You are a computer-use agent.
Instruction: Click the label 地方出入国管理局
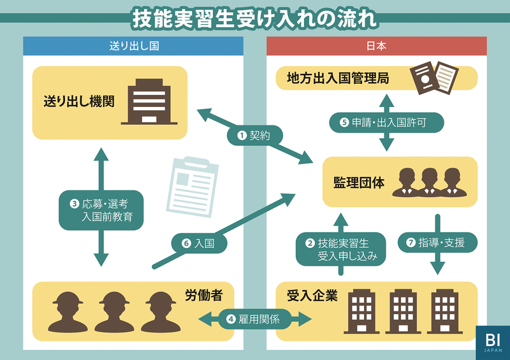tap(339, 78)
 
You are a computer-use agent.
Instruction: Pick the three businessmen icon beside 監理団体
tap(426, 182)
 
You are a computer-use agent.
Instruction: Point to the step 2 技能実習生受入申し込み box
tap(342, 249)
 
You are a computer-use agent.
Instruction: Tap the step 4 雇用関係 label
tap(255, 318)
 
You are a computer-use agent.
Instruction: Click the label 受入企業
tap(307, 295)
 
